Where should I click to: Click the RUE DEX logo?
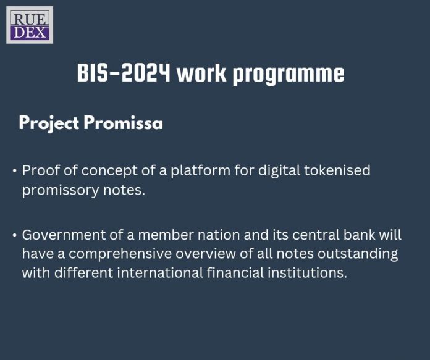pyautogui.click(x=30, y=25)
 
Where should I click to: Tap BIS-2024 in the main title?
pyautogui.click(x=124, y=73)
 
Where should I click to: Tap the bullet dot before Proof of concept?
pyautogui.click(x=14, y=170)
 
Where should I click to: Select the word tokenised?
pyautogui.click(x=335, y=170)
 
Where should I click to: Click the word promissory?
pyautogui.click(x=59, y=190)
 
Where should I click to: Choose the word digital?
pyautogui.click(x=270, y=170)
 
